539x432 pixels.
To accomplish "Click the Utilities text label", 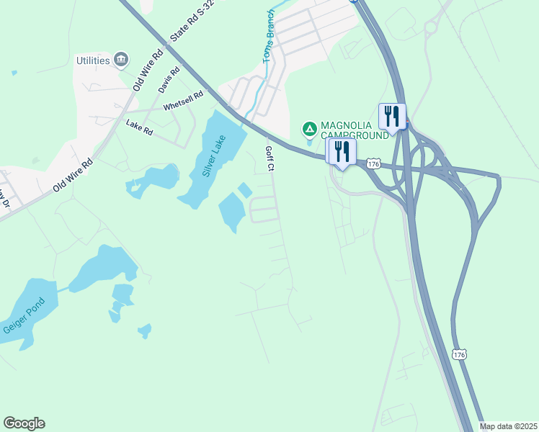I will coord(93,60).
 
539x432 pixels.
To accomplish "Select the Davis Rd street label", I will coord(166,81).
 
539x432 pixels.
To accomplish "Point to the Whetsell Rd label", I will coord(183,100).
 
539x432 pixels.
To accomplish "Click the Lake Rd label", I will coord(139,127).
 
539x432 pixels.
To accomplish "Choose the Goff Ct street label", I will coord(270,158).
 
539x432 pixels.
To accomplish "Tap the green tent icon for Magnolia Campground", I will coord(309,130).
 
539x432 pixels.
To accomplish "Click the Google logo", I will coord(24,423).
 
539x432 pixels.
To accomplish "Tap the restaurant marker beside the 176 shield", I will coord(342,151).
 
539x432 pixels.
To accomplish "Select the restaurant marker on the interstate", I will coord(392,116).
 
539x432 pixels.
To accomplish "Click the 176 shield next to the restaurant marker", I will coord(373,164).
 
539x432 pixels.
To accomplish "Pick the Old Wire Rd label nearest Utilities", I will coord(148,69).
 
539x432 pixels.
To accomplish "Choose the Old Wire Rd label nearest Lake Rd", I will coord(73,176).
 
